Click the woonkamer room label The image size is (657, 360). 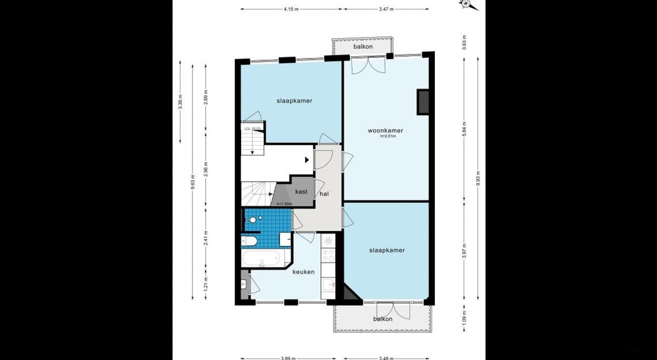[x=385, y=130]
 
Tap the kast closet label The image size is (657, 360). [x=301, y=192]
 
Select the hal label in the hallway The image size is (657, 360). [x=324, y=194]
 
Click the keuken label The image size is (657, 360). [x=303, y=272]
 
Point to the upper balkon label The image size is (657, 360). [x=362, y=47]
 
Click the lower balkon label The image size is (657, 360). [x=383, y=319]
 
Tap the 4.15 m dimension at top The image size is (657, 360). [x=291, y=9]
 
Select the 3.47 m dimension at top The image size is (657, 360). [x=387, y=9]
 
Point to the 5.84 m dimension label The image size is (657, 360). [x=464, y=128]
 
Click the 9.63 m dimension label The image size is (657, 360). [x=193, y=183]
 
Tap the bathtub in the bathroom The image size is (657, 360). [x=260, y=258]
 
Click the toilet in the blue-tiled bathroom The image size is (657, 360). [x=249, y=241]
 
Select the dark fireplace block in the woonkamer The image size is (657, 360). [x=423, y=102]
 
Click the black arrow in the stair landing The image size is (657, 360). [x=307, y=160]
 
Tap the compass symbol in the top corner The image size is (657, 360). [x=468, y=4]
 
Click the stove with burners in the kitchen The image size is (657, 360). [x=327, y=254]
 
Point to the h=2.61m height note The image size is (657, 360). [x=388, y=137]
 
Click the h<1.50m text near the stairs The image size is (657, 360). [x=284, y=204]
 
